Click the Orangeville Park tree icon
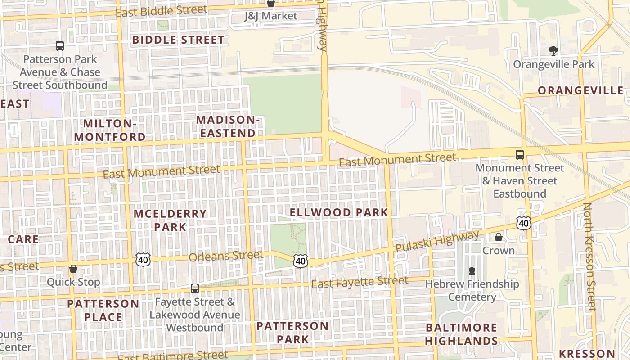[553, 50]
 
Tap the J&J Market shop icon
[270, 4]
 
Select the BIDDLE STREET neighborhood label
[178, 40]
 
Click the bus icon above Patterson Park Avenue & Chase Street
[60, 45]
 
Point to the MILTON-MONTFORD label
[110, 130]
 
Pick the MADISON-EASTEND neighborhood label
[228, 126]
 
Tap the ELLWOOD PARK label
[338, 212]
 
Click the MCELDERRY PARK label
[170, 220]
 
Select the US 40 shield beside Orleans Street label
[143, 259]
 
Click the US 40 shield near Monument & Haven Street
[524, 223]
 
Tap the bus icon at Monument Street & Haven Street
[520, 155]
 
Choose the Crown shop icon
[499, 237]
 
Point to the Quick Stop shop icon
[73, 269]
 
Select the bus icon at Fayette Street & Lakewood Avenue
[195, 288]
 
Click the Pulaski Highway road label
[437, 241]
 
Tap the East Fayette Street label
[360, 283]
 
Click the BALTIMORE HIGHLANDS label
[461, 334]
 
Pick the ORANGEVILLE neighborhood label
[580, 90]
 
